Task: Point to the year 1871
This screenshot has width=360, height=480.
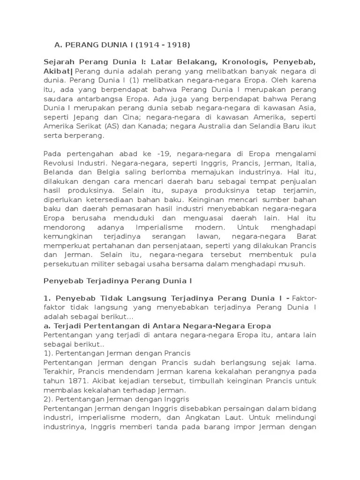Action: coord(80,381)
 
